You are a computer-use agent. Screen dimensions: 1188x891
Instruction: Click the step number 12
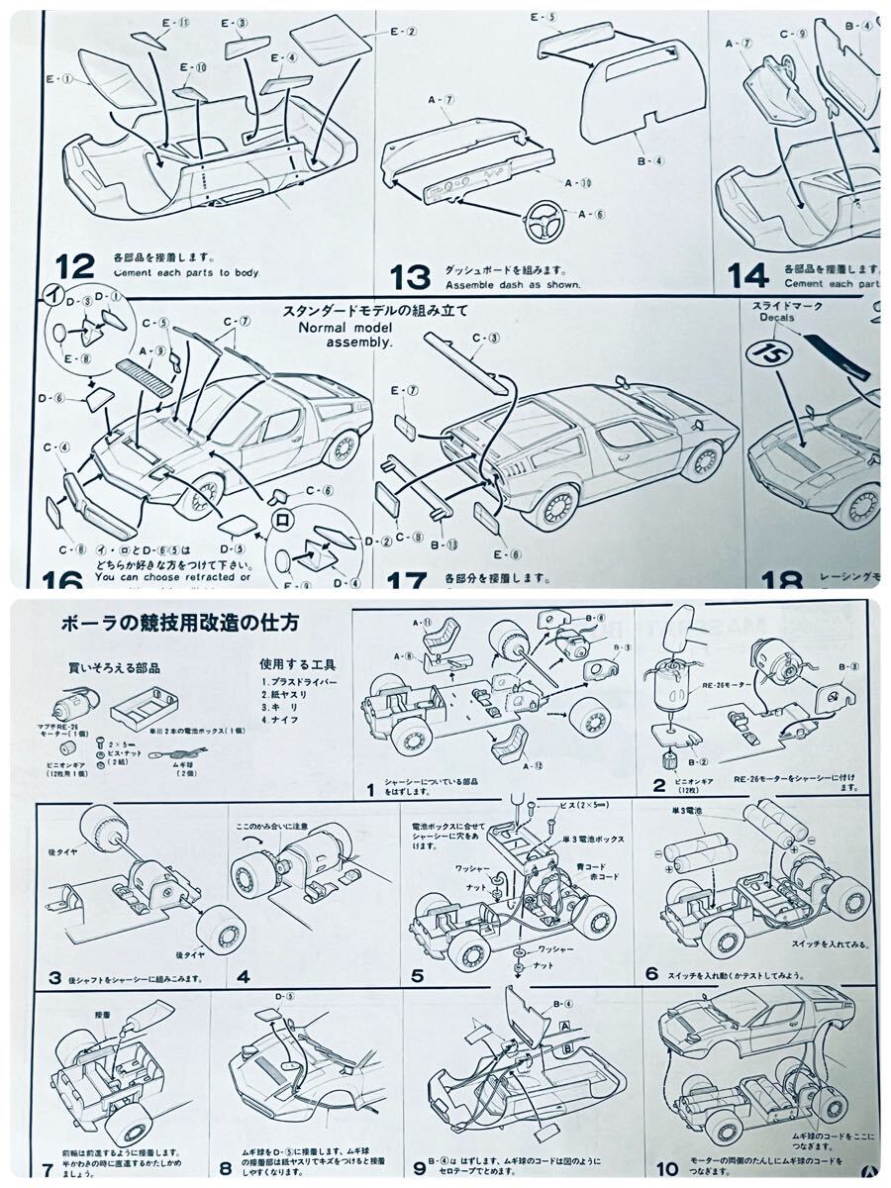pyautogui.click(x=76, y=264)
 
